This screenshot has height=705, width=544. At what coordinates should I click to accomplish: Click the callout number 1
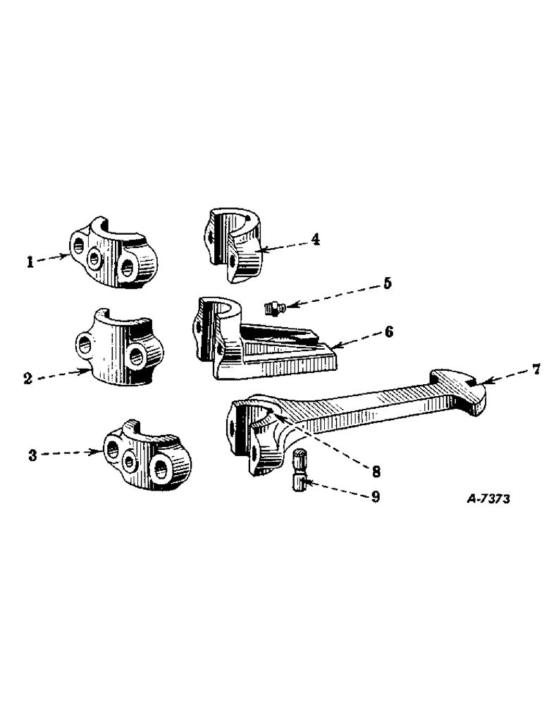click(x=31, y=262)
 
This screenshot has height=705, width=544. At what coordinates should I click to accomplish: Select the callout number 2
click(x=27, y=379)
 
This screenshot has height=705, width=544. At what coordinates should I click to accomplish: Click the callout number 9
click(x=375, y=497)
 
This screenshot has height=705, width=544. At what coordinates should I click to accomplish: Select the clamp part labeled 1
click(x=113, y=253)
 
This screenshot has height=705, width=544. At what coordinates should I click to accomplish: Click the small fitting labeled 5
click(x=272, y=307)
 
